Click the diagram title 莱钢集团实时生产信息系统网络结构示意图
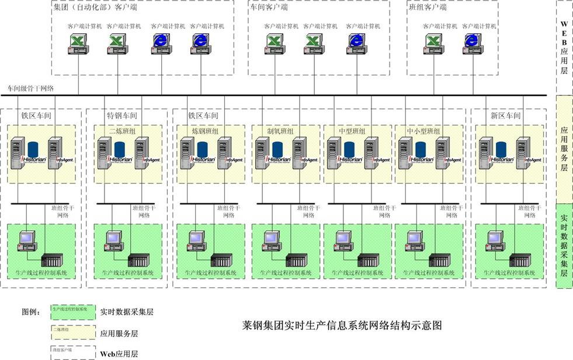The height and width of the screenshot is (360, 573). pos(341,325)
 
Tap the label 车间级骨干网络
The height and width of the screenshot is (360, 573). pos(30,89)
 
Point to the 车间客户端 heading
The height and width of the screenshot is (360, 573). pos(269,8)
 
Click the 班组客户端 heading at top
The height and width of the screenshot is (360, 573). pos(427,8)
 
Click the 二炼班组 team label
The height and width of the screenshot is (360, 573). pos(121,130)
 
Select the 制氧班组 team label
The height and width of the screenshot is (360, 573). pos(280,130)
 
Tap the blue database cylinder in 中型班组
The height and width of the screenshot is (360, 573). pos(349,149)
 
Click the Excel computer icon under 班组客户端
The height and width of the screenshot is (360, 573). pos(433,43)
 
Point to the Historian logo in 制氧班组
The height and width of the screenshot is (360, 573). pos(279,158)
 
